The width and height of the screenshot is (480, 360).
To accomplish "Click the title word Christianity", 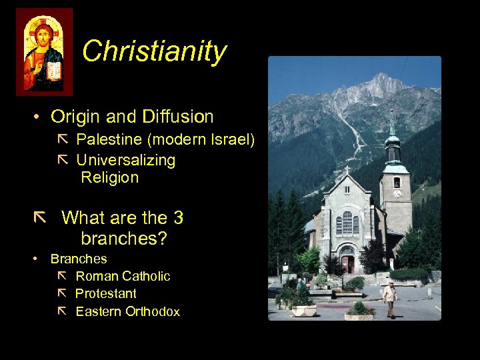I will [x=154, y=51].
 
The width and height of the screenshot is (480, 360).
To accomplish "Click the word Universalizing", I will [x=125, y=160].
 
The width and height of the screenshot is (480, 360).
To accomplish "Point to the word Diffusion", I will [x=177, y=117].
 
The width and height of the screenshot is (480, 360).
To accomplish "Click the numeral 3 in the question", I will [x=178, y=218].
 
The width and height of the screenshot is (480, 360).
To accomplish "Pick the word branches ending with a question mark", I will [x=123, y=238].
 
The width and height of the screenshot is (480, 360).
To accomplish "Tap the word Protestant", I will [x=105, y=293].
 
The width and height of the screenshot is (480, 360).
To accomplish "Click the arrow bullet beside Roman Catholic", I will [x=62, y=275].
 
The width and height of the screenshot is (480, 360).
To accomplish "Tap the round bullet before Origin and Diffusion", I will [x=39, y=117].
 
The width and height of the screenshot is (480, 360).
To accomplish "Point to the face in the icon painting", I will [x=44, y=33].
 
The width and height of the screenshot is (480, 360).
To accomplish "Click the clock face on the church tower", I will [x=397, y=193].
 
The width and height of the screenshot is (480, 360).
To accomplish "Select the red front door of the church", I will [x=347, y=264].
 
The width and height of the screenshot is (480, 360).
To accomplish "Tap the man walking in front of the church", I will [x=390, y=298].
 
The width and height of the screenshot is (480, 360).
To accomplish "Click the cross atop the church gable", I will [x=347, y=170].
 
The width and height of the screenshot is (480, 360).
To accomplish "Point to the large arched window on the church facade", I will [x=347, y=222].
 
